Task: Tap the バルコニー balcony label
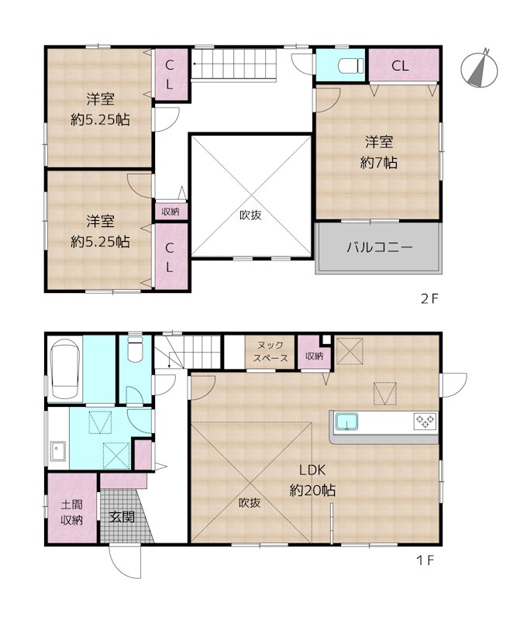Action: pyautogui.click(x=379, y=249)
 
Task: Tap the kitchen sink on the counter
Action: pyautogui.click(x=345, y=422)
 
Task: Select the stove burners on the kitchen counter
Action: pyautogui.click(x=425, y=422)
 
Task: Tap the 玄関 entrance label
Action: pyautogui.click(x=122, y=515)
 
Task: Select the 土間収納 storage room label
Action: pyautogui.click(x=71, y=513)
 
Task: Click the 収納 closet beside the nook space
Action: pyautogui.click(x=313, y=356)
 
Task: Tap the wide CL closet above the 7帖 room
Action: pyautogui.click(x=400, y=66)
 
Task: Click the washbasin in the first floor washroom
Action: pyautogui.click(x=58, y=450)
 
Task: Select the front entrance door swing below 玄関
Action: pyautogui.click(x=124, y=560)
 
